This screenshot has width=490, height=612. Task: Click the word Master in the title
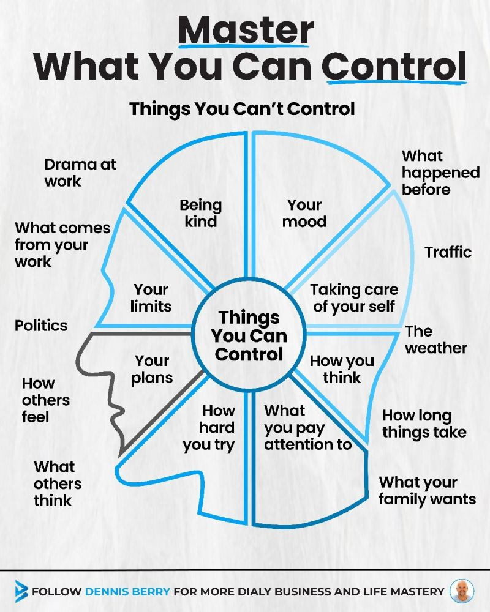click(x=246, y=30)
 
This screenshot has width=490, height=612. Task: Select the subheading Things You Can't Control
click(x=242, y=109)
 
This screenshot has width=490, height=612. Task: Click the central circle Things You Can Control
click(x=249, y=335)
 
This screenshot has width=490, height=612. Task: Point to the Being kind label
click(x=201, y=212)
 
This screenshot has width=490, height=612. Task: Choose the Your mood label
click(x=304, y=212)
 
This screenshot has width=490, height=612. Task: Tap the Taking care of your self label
click(x=354, y=297)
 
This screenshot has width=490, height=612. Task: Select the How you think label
click(x=342, y=369)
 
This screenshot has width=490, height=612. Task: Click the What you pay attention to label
click(x=307, y=427)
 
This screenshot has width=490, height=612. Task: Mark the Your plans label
click(x=152, y=369)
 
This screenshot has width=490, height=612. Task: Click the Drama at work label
click(x=80, y=173)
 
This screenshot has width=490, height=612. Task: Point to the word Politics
click(x=41, y=324)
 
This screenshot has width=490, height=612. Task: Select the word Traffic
click(x=448, y=252)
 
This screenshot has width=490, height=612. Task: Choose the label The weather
click(x=435, y=340)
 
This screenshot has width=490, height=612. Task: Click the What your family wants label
click(x=427, y=490)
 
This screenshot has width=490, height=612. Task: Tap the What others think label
click(x=58, y=483)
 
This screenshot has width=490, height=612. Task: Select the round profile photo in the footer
click(x=461, y=591)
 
